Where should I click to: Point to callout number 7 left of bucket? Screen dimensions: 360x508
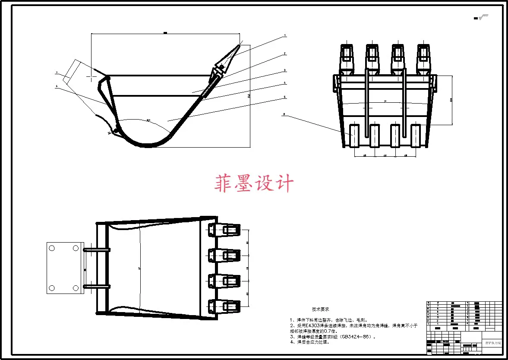57,73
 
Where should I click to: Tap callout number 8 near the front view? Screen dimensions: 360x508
284,115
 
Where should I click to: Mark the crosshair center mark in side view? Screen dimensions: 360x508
92,76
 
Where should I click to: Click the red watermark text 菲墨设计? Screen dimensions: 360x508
254,183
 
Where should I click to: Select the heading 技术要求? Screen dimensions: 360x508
321,309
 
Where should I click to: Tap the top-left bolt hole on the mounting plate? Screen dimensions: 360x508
52,248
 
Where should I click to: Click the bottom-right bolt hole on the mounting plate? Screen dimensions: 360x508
76,288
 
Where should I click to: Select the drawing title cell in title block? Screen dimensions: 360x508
492,342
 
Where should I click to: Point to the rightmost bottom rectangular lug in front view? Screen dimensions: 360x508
415,135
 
